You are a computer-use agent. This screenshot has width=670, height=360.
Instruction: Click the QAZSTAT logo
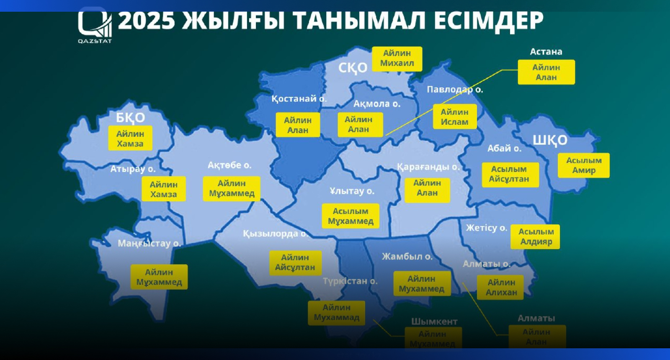pos(95,26)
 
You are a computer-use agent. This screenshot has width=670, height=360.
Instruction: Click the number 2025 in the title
pos(146,20)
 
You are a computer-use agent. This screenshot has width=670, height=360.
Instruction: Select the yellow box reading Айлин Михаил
pos(397,59)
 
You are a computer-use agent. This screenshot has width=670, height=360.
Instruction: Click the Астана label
pos(546,52)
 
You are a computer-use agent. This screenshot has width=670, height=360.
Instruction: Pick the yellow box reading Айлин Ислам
pos(454,117)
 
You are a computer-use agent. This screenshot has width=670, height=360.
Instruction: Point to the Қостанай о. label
pos(299,99)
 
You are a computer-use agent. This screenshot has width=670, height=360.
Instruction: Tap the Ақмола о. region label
pos(376,104)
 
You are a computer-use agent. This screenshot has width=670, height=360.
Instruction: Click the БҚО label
pos(130,118)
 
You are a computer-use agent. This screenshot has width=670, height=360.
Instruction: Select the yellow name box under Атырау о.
pos(163,189)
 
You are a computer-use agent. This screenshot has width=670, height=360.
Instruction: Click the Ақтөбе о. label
pos(229,165)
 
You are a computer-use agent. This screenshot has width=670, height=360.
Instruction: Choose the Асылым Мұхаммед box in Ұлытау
pos(350,216)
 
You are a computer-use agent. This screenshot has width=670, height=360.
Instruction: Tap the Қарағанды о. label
pos(428,167)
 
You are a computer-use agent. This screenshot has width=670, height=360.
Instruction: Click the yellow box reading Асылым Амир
pos(583,165)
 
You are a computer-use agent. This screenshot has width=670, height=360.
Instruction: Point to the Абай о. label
pos(504,149)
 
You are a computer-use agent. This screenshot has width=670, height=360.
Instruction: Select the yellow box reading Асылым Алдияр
pos(536,237)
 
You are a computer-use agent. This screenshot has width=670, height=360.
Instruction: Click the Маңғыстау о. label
pos(149,243)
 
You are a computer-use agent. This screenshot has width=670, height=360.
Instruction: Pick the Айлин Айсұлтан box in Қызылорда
pos(295,262)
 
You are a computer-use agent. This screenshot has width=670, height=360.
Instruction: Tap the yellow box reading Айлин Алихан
pos(501,287)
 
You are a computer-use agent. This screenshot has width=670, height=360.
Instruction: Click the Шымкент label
pos(434,321)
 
